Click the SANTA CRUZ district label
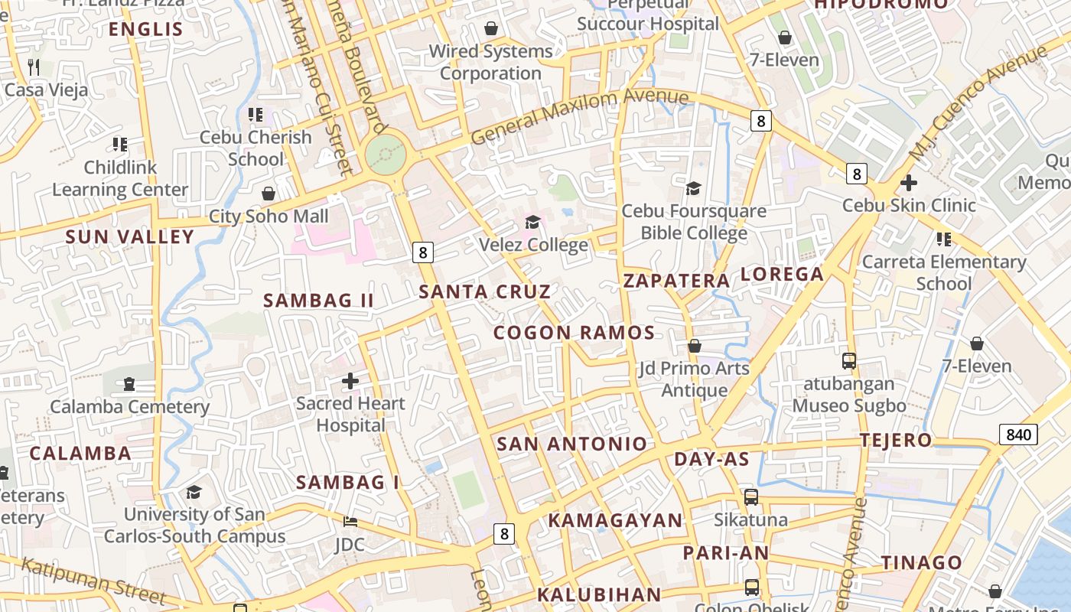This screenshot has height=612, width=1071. coord(484,291)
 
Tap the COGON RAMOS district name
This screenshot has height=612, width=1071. coord(574,333)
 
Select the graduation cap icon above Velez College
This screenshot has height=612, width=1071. coord(532,223)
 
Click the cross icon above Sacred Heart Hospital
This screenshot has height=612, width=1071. coord(350,380)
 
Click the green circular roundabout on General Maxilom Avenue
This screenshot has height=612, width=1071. coord(385,155)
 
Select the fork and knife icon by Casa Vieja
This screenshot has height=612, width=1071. coord(33,67)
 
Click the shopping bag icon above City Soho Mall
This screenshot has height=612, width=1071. coord(269,194)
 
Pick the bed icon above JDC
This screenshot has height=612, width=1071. coord(350,522)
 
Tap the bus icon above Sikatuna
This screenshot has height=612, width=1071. coord(751,497)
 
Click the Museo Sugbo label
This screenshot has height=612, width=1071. coord(849,405)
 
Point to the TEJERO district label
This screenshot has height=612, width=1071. coord(896,441)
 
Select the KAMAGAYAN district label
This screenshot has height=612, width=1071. coord(615,521)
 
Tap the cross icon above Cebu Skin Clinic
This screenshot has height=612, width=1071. coord(909,183)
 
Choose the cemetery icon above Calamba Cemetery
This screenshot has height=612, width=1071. coord(129,383)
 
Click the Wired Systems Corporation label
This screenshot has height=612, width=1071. coord(490,62)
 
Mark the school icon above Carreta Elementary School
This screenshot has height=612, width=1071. coord(944,239)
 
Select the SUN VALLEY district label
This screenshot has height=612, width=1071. coord(130,237)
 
